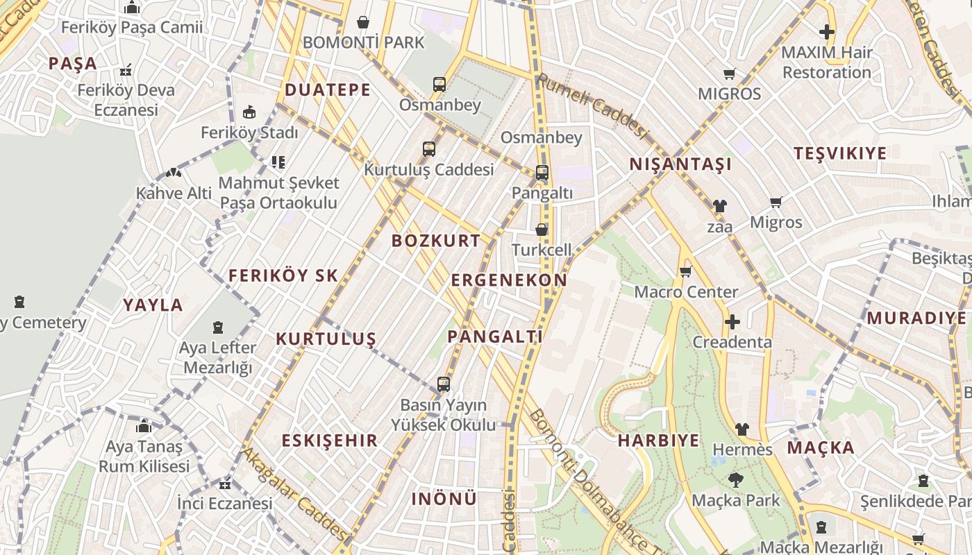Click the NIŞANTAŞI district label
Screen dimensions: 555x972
tap(680, 164)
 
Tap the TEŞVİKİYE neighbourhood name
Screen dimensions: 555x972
tap(840, 153)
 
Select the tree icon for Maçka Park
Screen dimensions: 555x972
tap(735, 479)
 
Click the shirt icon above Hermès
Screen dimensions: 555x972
tap(742, 429)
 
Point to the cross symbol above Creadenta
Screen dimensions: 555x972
tap(732, 322)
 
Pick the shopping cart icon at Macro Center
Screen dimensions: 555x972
tap(686, 271)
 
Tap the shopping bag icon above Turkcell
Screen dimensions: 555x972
tap(542, 230)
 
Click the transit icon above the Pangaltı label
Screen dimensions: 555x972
tap(542, 173)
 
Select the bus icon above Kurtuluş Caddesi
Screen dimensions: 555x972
tap(429, 149)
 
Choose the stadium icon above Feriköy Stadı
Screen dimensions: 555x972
tap(249, 112)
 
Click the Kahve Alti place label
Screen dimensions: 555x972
tap(174, 194)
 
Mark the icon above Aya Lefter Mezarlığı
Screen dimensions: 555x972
tap(218, 327)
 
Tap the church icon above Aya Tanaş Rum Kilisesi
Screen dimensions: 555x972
tap(144, 426)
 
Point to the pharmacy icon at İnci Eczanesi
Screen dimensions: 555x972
tap(224, 484)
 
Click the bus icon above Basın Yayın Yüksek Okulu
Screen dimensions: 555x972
tap(443, 384)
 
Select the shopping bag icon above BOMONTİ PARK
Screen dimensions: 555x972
tap(362, 22)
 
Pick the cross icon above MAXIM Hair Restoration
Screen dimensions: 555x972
tap(826, 32)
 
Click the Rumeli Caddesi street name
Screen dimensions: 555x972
tap(592, 105)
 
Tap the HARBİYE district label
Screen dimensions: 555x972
tap(658, 441)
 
